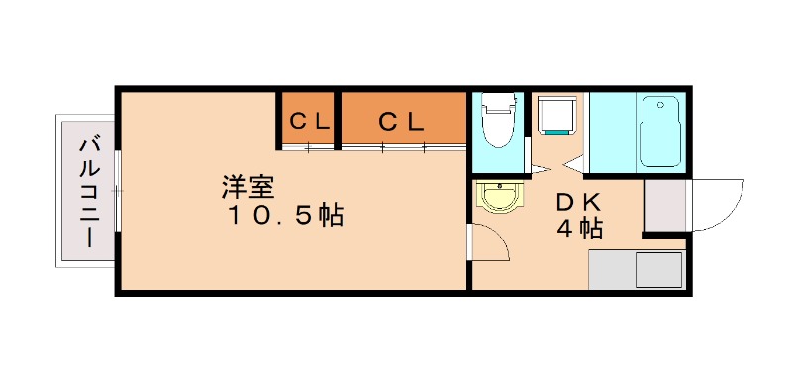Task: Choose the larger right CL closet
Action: click(x=402, y=121)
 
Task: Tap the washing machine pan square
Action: click(x=556, y=115)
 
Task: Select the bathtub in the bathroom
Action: click(x=659, y=131)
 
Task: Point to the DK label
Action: click(x=577, y=201)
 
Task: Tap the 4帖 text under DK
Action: click(x=578, y=229)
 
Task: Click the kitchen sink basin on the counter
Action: click(x=658, y=269)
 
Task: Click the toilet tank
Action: click(x=495, y=100)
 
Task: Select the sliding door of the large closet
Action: click(x=402, y=148)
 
